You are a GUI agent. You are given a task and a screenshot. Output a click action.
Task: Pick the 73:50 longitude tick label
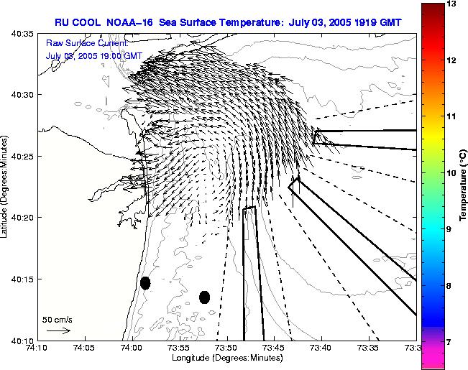(x=226, y=348)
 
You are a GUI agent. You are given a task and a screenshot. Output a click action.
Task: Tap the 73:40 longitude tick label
(x=321, y=348)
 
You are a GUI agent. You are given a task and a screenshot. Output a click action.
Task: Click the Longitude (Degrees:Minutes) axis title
(x=226, y=357)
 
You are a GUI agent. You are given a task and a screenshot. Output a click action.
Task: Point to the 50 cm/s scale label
(x=58, y=320)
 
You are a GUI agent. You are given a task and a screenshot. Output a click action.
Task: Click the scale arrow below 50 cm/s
(x=58, y=330)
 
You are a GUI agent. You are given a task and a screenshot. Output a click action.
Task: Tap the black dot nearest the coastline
(x=145, y=283)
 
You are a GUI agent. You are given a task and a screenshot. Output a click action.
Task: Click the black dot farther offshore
(x=204, y=297)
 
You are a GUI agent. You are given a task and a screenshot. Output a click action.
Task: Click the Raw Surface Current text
(x=86, y=43)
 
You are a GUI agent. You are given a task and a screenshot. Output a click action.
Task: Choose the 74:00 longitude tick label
(x=132, y=348)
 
